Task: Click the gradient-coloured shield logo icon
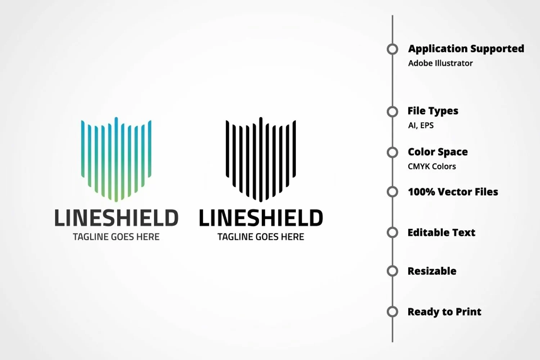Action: coord(116,159)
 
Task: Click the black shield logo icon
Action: coord(261,159)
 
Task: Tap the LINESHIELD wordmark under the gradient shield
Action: coord(117,218)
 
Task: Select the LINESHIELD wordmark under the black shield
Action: coord(261,218)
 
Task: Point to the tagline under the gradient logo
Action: coord(116,237)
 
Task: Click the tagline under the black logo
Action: coord(261,237)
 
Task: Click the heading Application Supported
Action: coord(466,49)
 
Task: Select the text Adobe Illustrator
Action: coord(440,63)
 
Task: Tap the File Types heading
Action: coord(433,111)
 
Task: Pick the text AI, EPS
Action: coord(421,125)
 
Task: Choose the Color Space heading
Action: coord(438,152)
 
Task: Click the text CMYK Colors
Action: coord(432,166)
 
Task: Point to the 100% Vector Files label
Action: coord(453,192)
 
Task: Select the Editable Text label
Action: coord(441,233)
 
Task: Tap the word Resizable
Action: coord(432,271)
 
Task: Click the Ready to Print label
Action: coord(445,312)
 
